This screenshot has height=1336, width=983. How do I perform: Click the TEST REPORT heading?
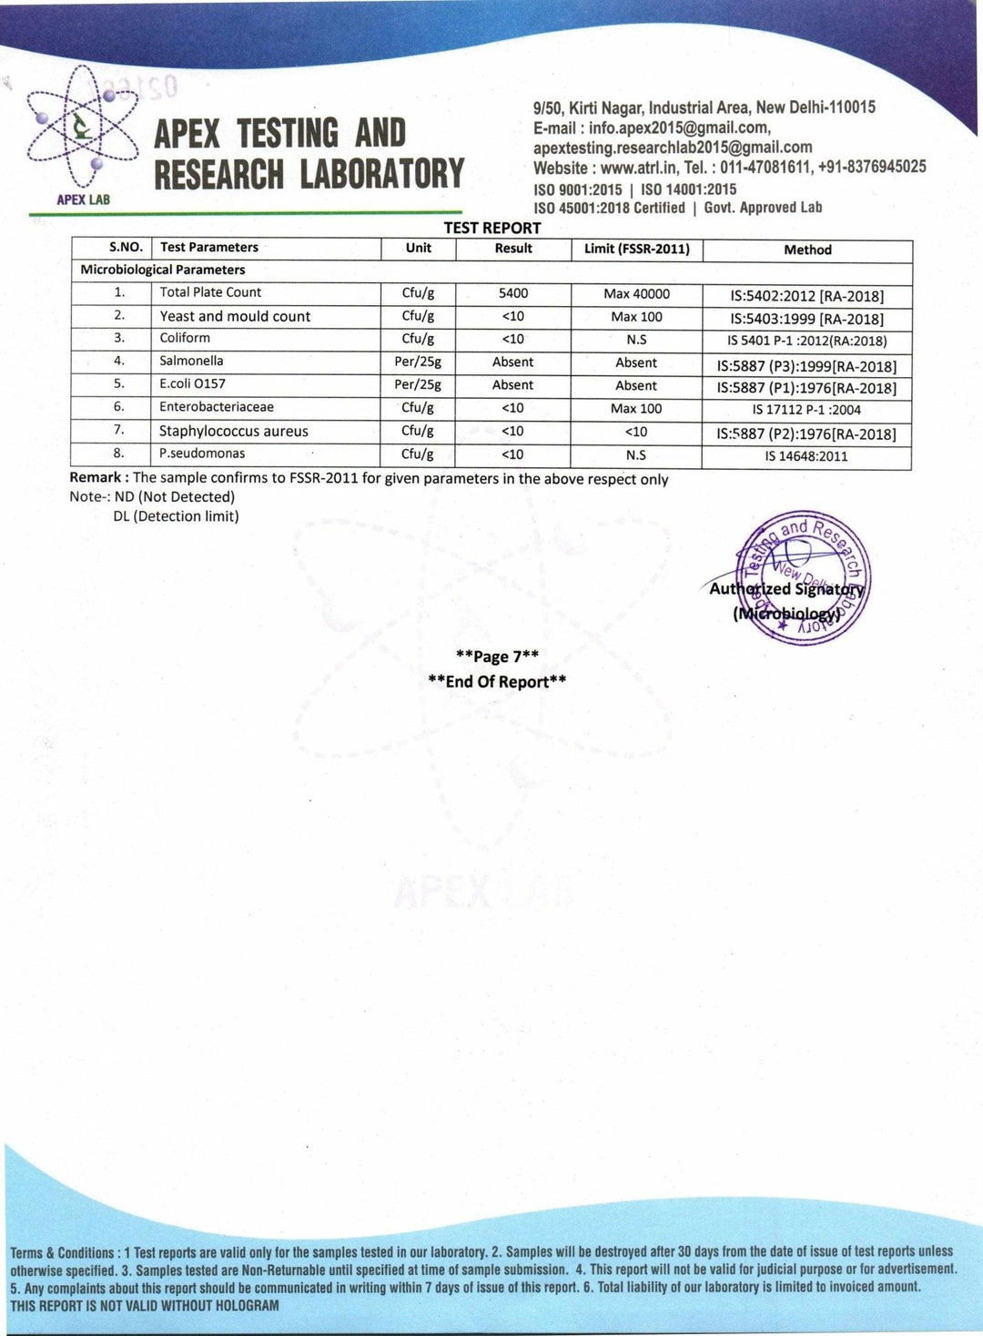coord(492,228)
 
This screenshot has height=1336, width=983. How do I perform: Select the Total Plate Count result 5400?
coord(513,293)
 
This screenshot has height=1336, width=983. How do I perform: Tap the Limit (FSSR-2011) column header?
coord(636,249)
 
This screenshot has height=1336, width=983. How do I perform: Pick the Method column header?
coord(807,250)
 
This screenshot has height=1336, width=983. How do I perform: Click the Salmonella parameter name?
coord(191,361)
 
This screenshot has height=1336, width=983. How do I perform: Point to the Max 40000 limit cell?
coord(636,293)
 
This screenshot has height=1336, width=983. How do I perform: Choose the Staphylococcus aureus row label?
coord(233,431)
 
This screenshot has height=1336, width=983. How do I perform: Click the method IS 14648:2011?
coord(806,455)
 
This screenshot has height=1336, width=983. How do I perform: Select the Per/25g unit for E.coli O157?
coord(418,384)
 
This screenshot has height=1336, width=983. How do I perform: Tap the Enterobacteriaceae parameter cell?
coord(217,407)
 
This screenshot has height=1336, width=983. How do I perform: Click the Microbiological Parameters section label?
coord(163,270)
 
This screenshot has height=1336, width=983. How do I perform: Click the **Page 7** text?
coord(497,656)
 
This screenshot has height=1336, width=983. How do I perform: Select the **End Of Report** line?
coord(497,681)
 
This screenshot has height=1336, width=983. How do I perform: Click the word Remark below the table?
coord(96,478)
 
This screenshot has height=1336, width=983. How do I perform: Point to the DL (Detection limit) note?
coord(176,516)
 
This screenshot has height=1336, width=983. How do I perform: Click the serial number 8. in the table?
coord(119,453)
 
